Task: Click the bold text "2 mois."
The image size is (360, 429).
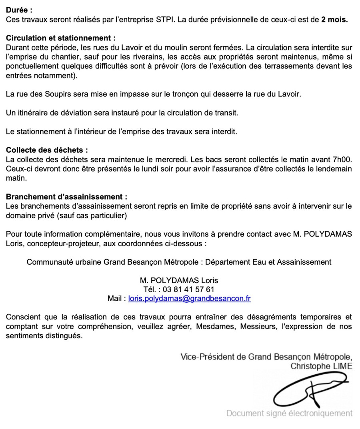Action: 334,20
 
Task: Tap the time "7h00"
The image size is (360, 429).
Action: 342,160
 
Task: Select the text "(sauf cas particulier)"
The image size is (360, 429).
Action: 90,215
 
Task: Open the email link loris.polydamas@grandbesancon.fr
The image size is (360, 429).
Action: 189,298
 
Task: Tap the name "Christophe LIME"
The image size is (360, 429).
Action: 321,366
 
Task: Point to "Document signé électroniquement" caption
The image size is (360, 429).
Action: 290,413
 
